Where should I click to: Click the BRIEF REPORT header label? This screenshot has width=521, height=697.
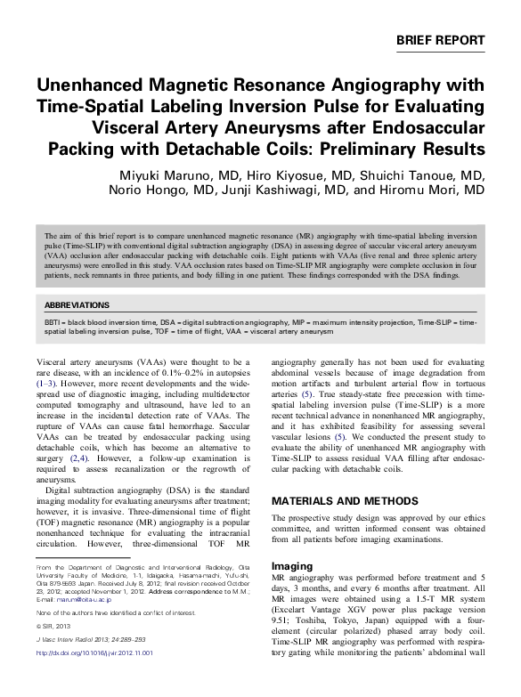tap(441, 41)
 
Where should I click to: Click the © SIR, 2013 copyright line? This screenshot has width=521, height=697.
tap(54, 651)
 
